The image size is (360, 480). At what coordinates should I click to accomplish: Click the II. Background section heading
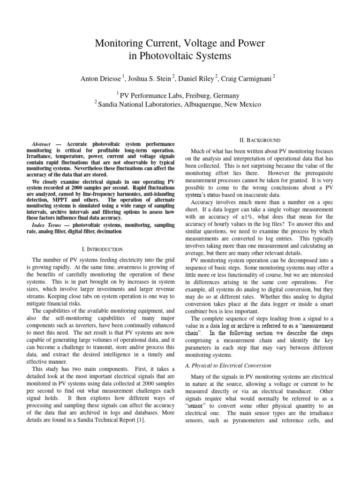pos(260,140)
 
